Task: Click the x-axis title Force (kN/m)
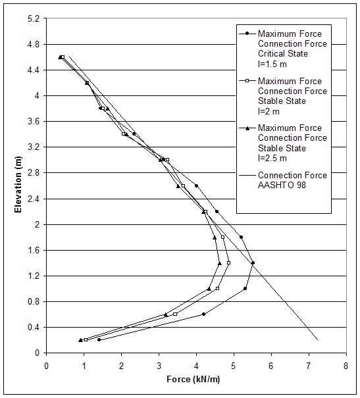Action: (195, 380)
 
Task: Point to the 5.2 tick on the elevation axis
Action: (34, 18)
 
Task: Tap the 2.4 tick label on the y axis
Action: (34, 199)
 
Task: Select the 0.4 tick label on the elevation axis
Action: (34, 327)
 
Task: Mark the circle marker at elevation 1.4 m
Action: (253, 262)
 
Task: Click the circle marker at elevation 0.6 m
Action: (203, 314)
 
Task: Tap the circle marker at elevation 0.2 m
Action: (99, 339)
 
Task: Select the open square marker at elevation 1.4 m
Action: (228, 262)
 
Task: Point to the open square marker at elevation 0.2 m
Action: (86, 339)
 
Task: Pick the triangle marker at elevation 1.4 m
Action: (220, 262)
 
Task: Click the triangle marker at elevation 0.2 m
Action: (80, 339)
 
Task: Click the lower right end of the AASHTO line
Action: (317, 339)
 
